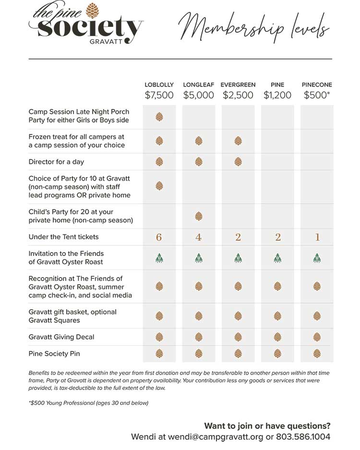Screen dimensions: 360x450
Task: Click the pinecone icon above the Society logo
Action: (92, 11)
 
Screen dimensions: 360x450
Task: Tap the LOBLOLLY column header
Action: (159, 85)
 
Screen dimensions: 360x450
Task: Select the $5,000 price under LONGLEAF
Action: (199, 95)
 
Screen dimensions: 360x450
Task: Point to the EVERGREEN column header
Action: (238, 85)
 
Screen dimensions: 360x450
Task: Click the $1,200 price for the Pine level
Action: (277, 95)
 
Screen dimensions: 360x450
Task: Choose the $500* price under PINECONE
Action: (317, 95)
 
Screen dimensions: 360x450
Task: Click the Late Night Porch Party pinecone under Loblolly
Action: (159, 117)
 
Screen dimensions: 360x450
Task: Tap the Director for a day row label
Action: (56, 162)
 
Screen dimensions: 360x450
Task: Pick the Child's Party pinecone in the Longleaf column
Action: (199, 216)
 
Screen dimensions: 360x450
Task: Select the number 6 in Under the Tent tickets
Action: (159, 237)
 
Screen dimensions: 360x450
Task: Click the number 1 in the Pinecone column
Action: (317, 237)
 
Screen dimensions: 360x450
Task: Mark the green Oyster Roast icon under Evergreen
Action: (238, 258)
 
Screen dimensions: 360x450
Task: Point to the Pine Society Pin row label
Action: (54, 353)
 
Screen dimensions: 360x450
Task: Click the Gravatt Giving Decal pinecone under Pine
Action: (277, 337)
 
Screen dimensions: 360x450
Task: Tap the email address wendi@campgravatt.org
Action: (216, 437)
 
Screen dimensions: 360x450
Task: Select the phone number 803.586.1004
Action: (303, 437)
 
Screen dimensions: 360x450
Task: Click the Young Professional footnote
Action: (88, 403)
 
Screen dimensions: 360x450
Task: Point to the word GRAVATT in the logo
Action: (106, 41)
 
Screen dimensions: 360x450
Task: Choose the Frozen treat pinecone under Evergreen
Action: (238, 141)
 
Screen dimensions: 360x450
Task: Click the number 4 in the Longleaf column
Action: (199, 237)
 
